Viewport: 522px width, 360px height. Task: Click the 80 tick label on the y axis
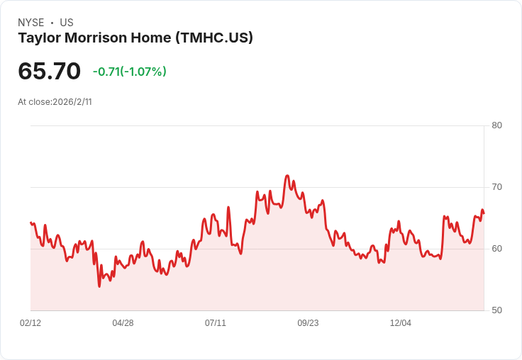[x=496, y=125]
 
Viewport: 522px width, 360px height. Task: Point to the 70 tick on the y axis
[x=496, y=187]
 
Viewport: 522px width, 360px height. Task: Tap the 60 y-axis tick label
[x=496, y=249]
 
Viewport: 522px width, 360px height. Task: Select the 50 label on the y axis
[x=496, y=310]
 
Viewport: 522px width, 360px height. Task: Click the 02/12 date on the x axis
[x=30, y=323]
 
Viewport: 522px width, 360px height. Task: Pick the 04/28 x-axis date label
[x=123, y=323]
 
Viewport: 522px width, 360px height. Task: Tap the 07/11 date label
[x=216, y=323]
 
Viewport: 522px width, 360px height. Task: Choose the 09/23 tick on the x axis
[x=308, y=323]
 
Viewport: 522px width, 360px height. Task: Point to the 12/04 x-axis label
[x=401, y=323]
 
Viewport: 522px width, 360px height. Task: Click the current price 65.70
[x=49, y=71]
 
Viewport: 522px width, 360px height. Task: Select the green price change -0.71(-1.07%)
[x=129, y=72]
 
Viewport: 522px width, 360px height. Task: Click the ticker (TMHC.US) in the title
[x=214, y=38]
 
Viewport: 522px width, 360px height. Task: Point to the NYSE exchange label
[x=30, y=23]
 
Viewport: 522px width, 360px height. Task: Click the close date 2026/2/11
[x=72, y=102]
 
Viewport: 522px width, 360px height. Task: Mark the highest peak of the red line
[x=287, y=176]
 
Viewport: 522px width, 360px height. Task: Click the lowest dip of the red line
[x=99, y=286]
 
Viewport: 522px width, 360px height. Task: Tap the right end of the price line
[x=484, y=213]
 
